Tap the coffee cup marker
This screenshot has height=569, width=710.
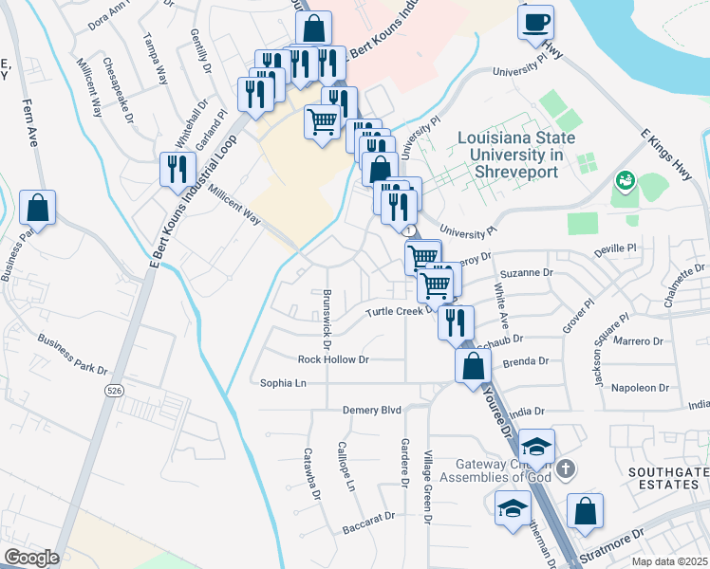coord(536,21)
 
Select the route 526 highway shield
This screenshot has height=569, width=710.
coord(115,390)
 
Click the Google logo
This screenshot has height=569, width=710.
coord(30,558)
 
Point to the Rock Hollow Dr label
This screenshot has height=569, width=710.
coord(332,359)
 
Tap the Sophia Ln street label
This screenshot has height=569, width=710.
coord(284,383)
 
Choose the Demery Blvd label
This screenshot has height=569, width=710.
coord(372,410)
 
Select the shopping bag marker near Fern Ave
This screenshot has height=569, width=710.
coord(37,208)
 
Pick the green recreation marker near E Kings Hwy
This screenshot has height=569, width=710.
coord(625,179)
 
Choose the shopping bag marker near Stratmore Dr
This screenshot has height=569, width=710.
coord(585,510)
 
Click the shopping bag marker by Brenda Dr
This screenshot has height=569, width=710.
coord(472,365)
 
